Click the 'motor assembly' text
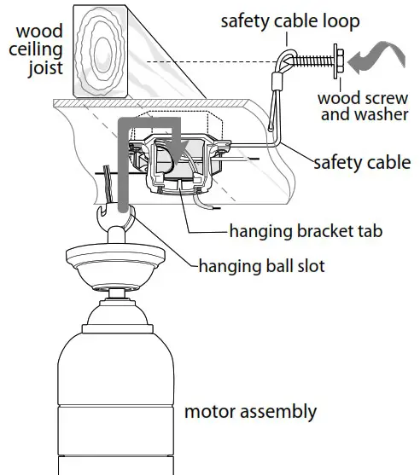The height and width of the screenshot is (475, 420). click(250, 412)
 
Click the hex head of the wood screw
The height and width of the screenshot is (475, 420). click(340, 59)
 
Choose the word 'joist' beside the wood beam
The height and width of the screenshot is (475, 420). click(44, 67)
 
